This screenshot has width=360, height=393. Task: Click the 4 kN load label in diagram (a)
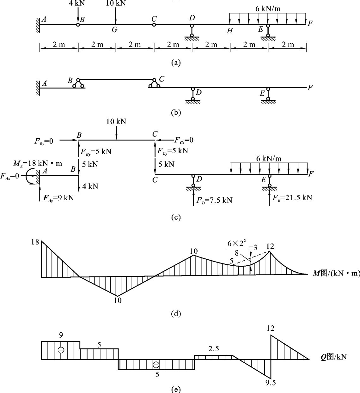pos(77,3)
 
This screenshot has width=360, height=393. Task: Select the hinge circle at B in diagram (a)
pos(78,25)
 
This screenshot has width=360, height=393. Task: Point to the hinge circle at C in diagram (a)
pos(154,24)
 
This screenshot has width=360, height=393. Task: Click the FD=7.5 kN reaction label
pos(214,200)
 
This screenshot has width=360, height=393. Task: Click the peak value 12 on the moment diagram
pos(270,246)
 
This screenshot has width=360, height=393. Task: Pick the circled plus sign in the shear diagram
pos(61,350)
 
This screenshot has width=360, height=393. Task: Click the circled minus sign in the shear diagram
pos(156,365)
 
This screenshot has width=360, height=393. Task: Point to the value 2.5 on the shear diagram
pos(213,349)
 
